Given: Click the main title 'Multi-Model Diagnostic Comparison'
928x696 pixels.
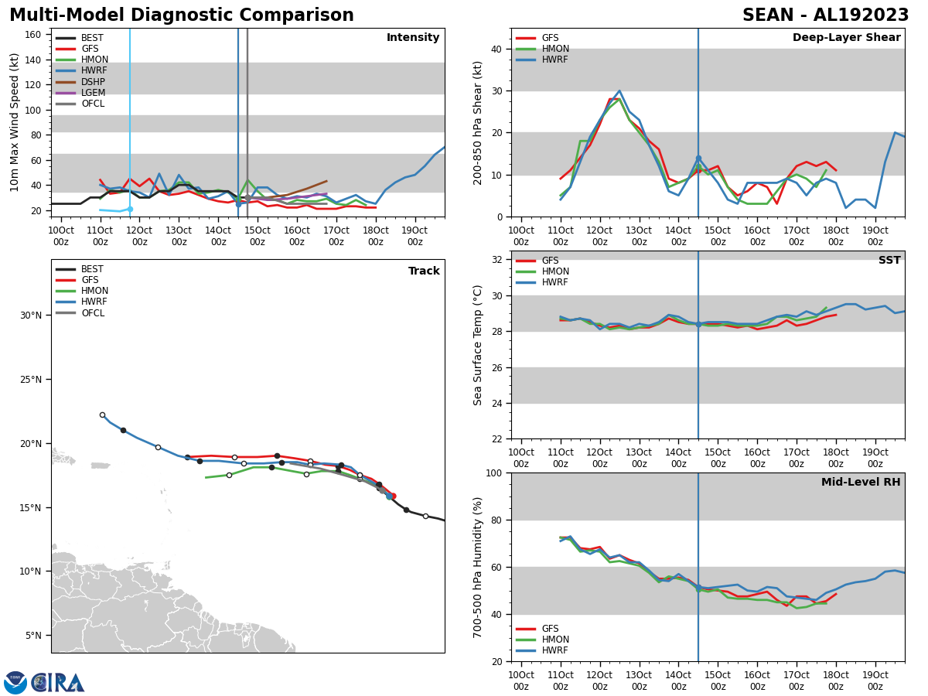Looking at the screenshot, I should pos(182,15).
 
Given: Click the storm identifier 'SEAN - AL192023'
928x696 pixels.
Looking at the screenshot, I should pos(825,15).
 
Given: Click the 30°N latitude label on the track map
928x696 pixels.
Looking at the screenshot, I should pos(32,316).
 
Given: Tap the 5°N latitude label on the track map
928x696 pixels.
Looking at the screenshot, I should pos(34,636).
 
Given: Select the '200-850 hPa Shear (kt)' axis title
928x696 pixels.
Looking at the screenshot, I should pos(479,122).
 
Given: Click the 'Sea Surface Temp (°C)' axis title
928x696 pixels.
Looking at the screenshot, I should pos(479,345).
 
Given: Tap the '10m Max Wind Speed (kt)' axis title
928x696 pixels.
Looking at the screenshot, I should pos(15,122).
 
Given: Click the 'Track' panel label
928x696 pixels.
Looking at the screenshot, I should pos(424,271).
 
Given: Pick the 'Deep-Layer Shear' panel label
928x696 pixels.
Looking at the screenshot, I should pos(846,38).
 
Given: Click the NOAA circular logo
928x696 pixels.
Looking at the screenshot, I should pos(15,683).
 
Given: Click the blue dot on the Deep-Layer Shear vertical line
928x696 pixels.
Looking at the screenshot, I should pos(698,159).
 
